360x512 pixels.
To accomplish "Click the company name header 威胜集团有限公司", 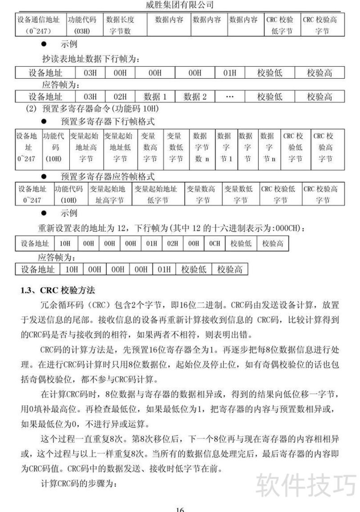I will click(x=180, y=5).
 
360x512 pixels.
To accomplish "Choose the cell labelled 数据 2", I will click(x=195, y=96).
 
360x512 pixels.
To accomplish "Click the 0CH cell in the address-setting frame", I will click(x=215, y=243).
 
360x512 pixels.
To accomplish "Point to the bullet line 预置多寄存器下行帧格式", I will click(x=108, y=121).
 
